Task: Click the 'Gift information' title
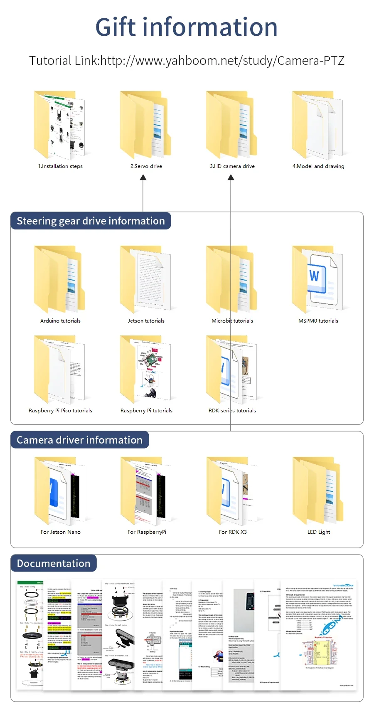tap(187, 27)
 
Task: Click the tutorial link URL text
tap(222, 61)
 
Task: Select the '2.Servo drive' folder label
tap(146, 166)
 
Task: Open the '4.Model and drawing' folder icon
tap(318, 125)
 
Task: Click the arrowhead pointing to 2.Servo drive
tap(143, 178)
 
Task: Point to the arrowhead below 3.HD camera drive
tap(231, 178)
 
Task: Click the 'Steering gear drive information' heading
tap(91, 221)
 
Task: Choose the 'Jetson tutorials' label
tap(146, 321)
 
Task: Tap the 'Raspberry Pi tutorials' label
tap(146, 411)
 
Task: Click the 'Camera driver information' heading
tap(79, 440)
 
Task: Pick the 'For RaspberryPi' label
tap(147, 532)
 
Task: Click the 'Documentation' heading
tap(54, 563)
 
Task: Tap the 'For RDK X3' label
tap(233, 532)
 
